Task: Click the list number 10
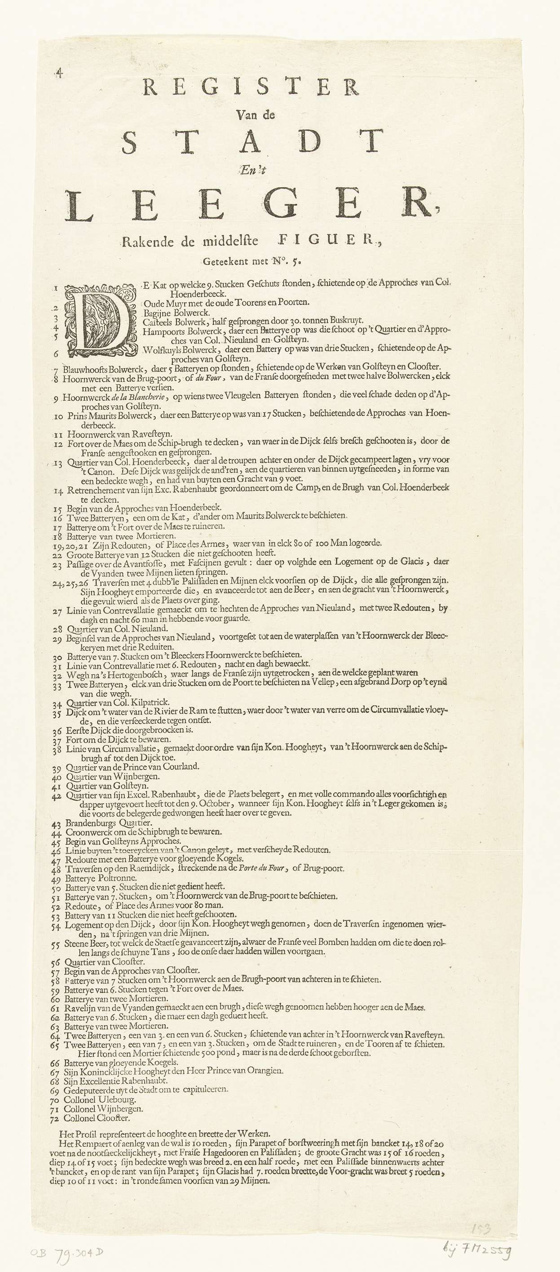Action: (x=59, y=416)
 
